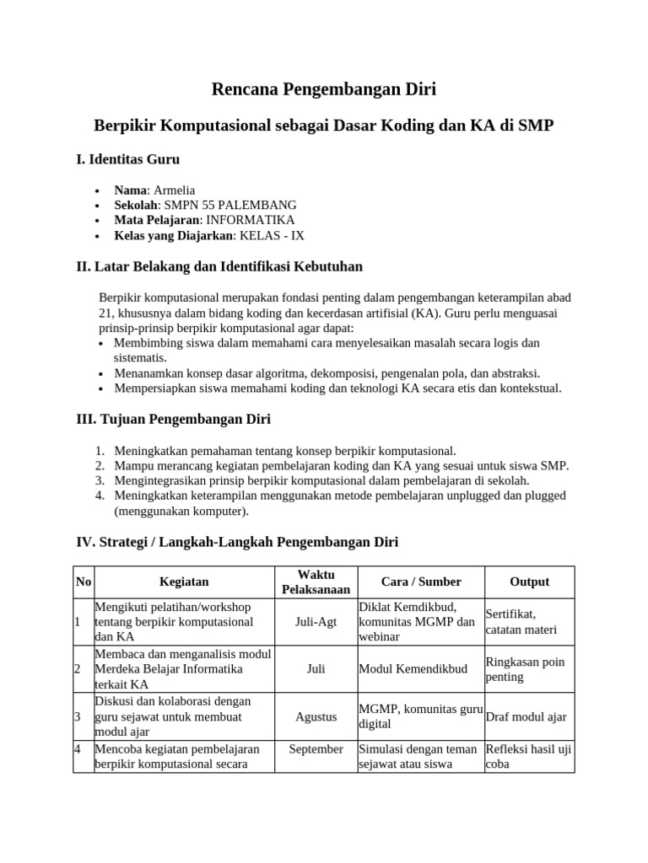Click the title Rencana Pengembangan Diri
[x=323, y=88]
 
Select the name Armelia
[x=174, y=190]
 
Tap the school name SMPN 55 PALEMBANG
[x=227, y=205]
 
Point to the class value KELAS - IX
[x=272, y=235]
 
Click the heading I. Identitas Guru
[x=127, y=159]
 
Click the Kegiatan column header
[x=184, y=582]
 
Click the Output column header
[x=529, y=582]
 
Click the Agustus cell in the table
[x=316, y=716]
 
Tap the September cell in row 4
[x=316, y=748]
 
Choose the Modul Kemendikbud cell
[x=413, y=669]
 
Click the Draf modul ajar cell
[x=526, y=716]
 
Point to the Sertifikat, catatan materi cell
[x=521, y=622]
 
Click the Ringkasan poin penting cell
[x=525, y=669]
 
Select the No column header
[x=84, y=582]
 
